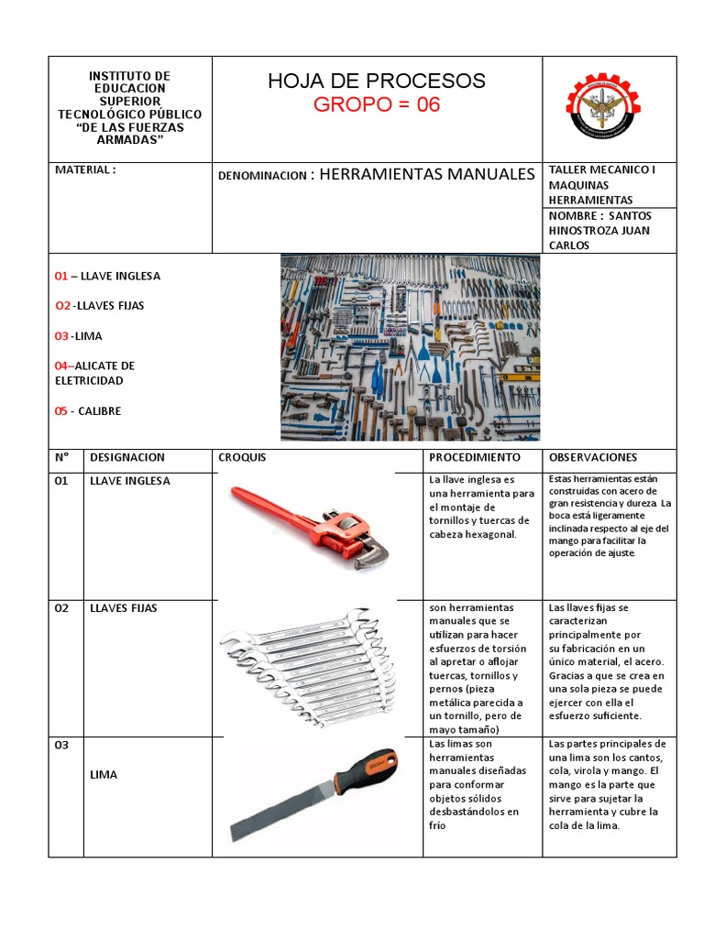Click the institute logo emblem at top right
click(x=609, y=108)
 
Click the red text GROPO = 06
click(x=377, y=104)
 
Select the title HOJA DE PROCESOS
click(x=377, y=81)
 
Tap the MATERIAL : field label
click(x=85, y=170)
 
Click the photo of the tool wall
click(x=410, y=347)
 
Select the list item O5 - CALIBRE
click(x=88, y=411)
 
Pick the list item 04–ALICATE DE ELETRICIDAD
click(x=94, y=373)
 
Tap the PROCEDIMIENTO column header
click(x=474, y=457)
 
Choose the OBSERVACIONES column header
click(x=593, y=457)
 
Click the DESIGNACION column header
click(x=126, y=457)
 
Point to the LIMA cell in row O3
click(x=104, y=774)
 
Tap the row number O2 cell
click(x=62, y=608)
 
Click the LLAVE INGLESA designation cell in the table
click(x=129, y=481)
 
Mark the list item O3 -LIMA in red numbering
click(x=79, y=336)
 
